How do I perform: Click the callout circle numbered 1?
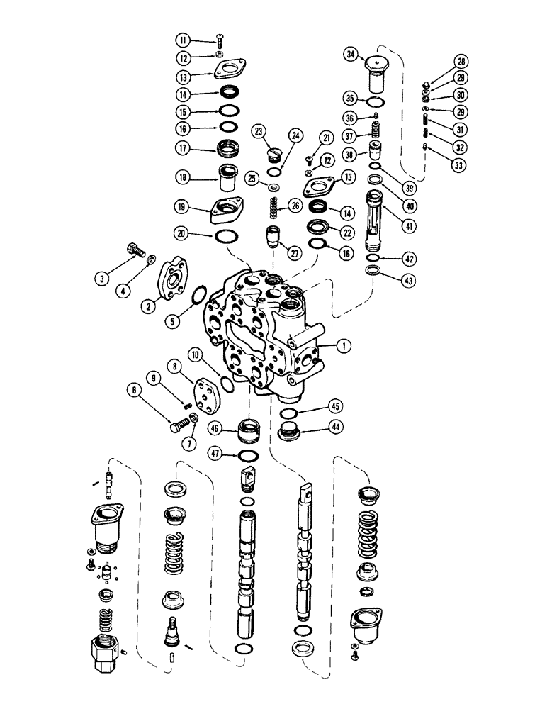(344, 346)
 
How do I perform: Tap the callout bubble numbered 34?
(350, 54)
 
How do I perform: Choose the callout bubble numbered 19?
(184, 207)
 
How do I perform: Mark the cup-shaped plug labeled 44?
(289, 431)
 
